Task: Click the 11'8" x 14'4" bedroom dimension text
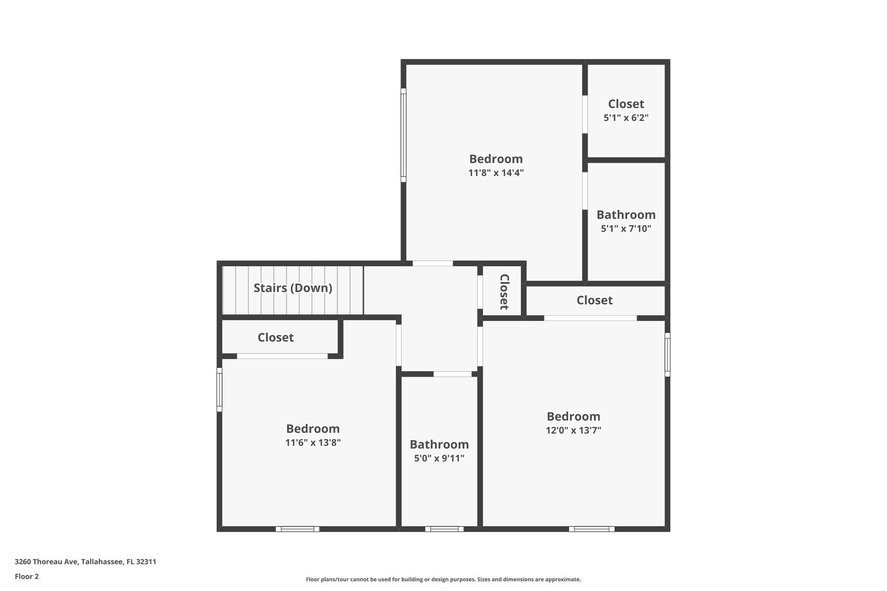[496, 173]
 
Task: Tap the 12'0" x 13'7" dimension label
[573, 430]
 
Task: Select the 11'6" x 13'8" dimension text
[313, 442]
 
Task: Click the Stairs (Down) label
[293, 288]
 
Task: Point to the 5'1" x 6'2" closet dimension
[626, 118]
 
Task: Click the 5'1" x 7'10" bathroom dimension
[626, 229]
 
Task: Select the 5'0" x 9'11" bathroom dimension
[439, 458]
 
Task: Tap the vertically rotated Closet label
[504, 292]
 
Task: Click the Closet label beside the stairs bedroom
[275, 337]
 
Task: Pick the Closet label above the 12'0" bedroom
[594, 300]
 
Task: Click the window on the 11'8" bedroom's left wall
[403, 135]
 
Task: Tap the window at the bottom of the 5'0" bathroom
[444, 529]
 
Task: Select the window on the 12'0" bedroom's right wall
[667, 355]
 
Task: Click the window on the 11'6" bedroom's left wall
[219, 390]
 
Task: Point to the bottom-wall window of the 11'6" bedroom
[298, 529]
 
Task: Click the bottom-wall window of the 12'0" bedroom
[592, 529]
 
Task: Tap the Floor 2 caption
[27, 576]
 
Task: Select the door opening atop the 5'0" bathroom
[453, 374]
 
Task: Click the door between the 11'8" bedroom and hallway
[432, 263]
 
